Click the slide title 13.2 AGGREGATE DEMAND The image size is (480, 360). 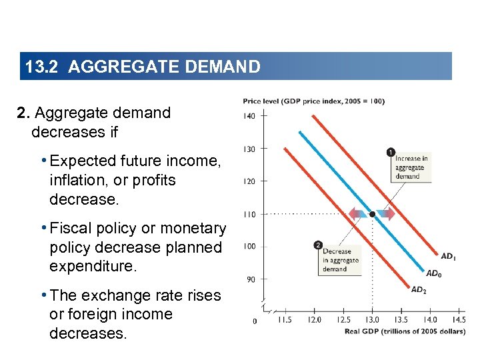point(142,67)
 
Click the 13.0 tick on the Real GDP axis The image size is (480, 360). point(372,320)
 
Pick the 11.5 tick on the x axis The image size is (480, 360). point(284,320)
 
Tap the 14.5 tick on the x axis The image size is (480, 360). point(459,320)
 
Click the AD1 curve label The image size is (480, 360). point(449,255)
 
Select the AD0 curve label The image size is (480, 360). point(433,273)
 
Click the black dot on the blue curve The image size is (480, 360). point(372,214)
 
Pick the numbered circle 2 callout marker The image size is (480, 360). point(318,245)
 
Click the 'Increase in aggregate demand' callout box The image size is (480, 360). point(410,167)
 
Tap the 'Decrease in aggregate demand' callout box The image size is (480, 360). point(340,261)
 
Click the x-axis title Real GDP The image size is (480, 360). point(405,332)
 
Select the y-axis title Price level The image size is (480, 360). point(313,101)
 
